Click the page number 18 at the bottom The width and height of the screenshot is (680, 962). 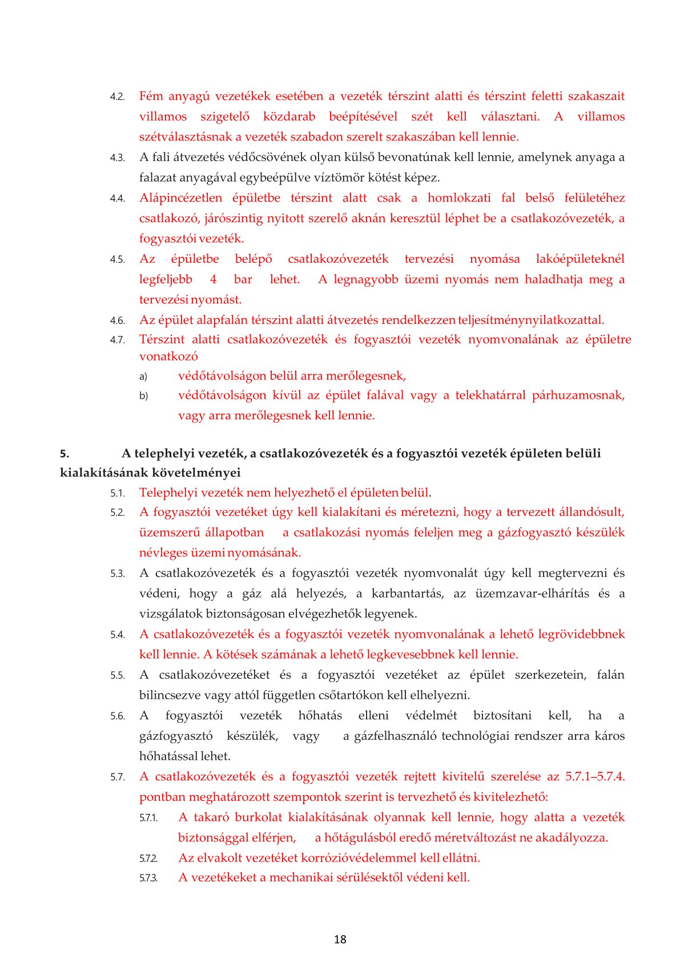340,939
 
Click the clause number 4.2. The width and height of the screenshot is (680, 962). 118,97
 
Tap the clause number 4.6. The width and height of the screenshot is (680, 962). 118,320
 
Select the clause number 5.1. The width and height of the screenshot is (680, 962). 118,493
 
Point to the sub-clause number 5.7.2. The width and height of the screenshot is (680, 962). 148,858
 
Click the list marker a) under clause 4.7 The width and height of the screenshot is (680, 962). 143,376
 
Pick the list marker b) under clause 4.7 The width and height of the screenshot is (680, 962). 143,396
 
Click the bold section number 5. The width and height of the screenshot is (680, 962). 65,454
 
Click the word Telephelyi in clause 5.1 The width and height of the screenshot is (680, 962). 168,492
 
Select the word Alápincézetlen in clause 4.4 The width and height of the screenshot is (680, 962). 181,198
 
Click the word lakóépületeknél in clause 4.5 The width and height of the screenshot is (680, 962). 580,259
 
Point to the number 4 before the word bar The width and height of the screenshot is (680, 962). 214,279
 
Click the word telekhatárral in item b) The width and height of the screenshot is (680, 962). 490,395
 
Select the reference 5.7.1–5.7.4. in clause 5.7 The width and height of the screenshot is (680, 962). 594,776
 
